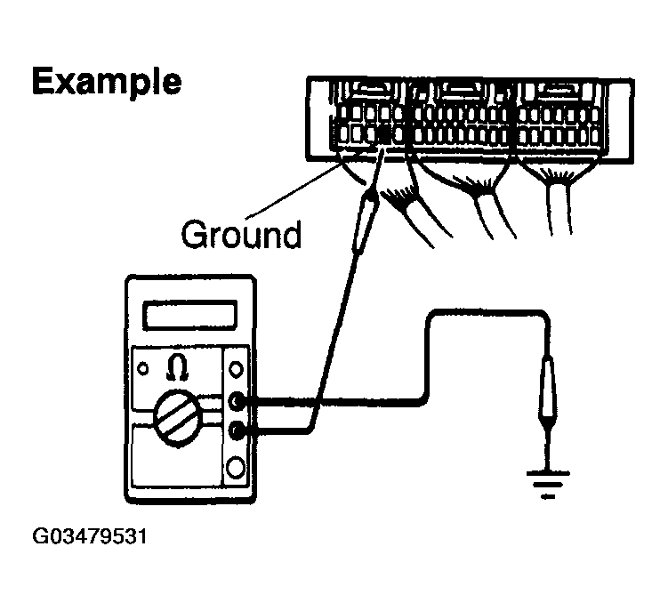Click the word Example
107,82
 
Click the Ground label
241,235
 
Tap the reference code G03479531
88,537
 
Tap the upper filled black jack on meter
237,401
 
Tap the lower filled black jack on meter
237,431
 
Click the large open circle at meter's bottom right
236,466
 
